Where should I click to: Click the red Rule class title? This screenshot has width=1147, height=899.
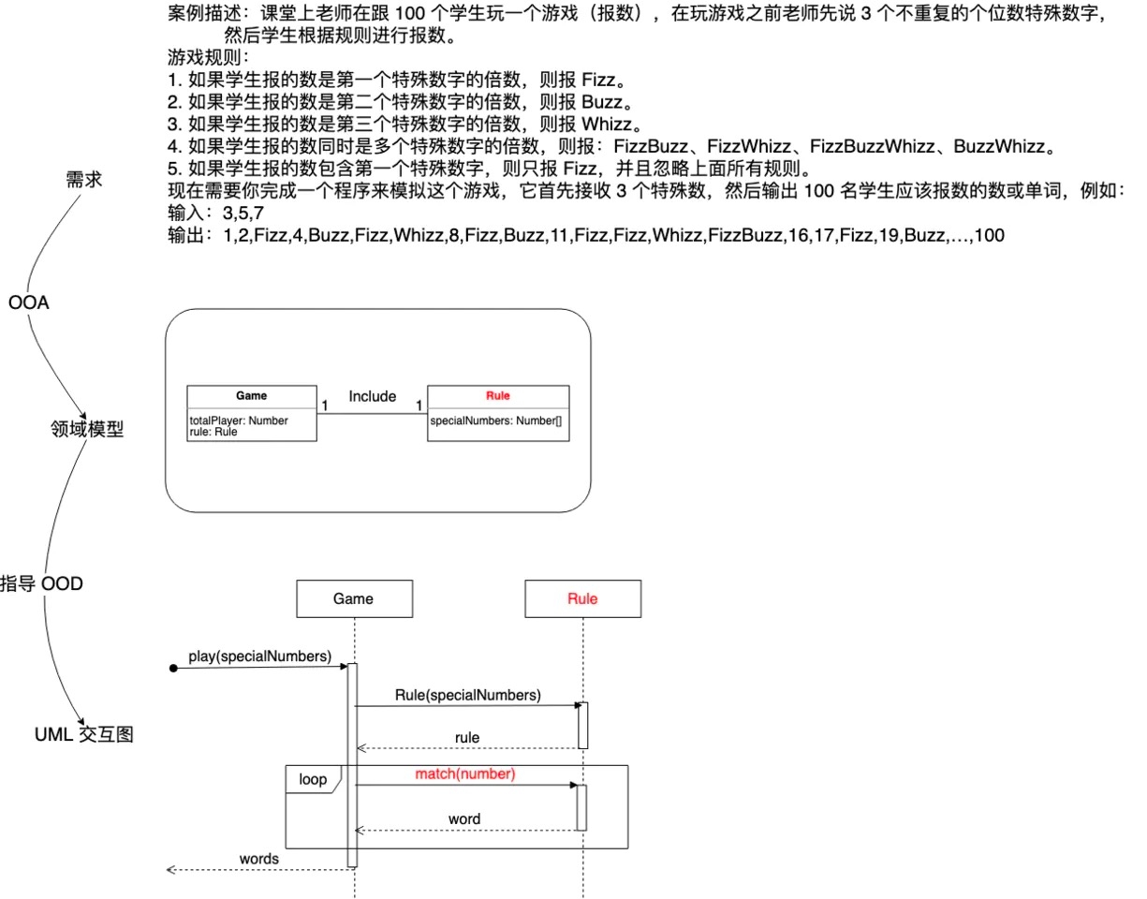tap(497, 396)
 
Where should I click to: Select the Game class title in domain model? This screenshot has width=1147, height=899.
tap(251, 396)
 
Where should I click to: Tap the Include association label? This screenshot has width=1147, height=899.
tap(372, 396)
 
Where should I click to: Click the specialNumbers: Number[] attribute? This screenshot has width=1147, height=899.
tap(495, 421)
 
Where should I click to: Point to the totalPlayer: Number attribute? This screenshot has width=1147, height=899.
tap(239, 421)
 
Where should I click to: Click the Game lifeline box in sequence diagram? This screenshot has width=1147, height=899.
tap(353, 599)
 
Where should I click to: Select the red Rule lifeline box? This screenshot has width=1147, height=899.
tap(582, 599)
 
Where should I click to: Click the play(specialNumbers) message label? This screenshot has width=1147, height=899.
tap(259, 656)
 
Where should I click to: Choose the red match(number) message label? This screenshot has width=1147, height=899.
tap(465, 774)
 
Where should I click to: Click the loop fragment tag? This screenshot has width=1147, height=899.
tap(313, 779)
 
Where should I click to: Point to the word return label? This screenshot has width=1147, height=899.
tap(464, 818)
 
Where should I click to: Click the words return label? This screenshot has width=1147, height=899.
tap(259, 858)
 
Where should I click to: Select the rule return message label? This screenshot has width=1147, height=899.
tap(467, 738)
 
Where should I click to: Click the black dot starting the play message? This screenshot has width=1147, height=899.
tap(174, 668)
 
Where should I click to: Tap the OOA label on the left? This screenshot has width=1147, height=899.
tap(28, 303)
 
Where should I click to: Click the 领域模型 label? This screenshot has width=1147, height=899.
tap(86, 430)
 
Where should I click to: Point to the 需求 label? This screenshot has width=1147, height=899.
tap(83, 181)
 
